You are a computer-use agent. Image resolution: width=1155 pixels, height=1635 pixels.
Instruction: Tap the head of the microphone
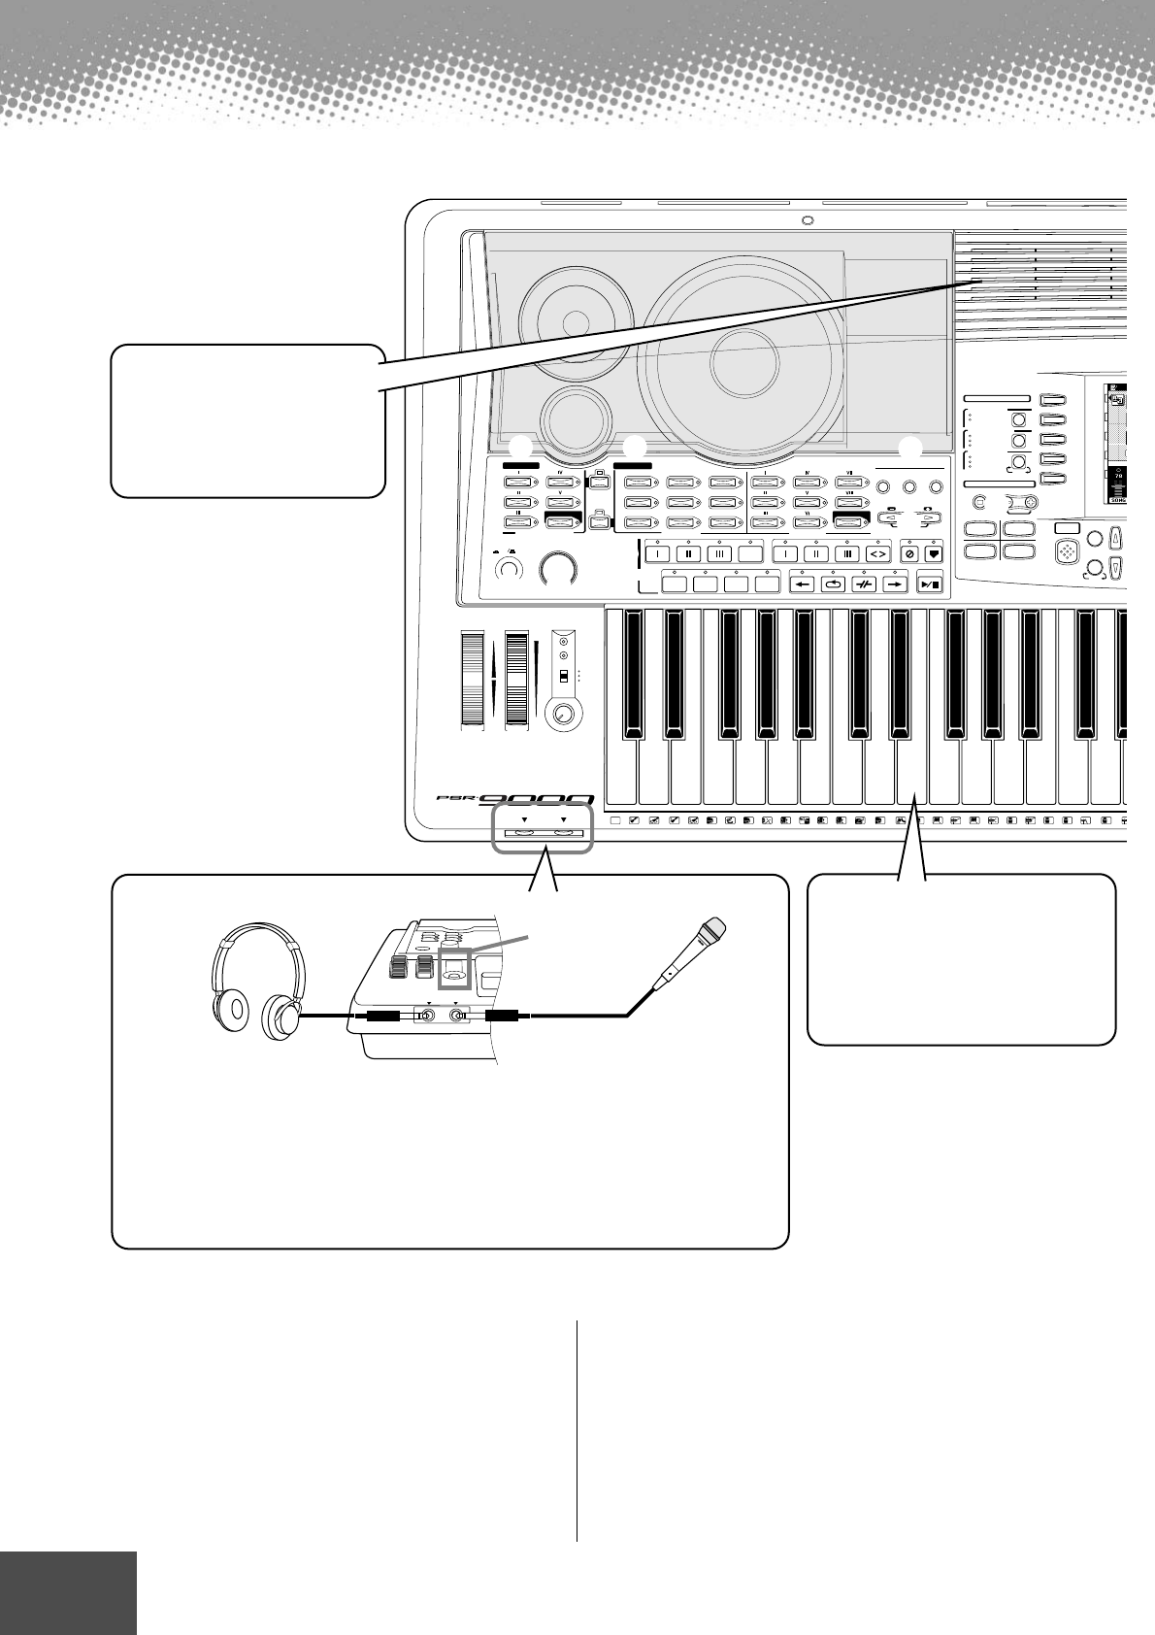click(x=712, y=931)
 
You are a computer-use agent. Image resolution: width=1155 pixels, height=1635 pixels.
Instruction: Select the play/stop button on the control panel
click(x=929, y=584)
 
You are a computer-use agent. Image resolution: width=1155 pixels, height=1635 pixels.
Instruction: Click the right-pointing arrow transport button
click(x=895, y=584)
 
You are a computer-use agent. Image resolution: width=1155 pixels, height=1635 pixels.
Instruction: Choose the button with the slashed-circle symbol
click(x=909, y=552)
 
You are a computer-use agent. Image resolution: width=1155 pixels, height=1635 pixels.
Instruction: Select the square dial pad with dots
click(x=1068, y=551)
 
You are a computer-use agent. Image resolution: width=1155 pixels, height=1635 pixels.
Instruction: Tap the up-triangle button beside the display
click(x=1116, y=536)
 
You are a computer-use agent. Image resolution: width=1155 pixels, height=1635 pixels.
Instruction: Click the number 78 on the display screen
click(x=1118, y=478)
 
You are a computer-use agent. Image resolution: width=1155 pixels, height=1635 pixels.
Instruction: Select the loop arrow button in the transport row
click(x=831, y=584)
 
